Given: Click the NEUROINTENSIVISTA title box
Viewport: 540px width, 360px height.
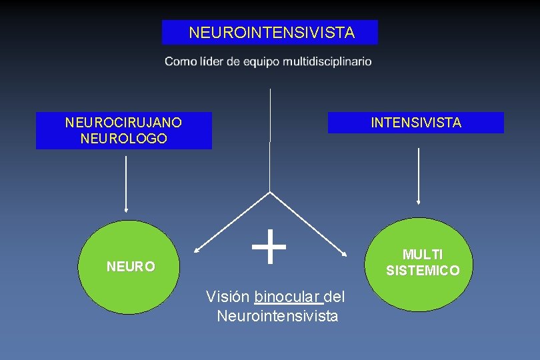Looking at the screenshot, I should click(270, 32).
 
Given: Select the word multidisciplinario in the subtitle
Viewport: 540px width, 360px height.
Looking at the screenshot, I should click(327, 61).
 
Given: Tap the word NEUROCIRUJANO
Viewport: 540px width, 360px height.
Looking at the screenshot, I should click(123, 123).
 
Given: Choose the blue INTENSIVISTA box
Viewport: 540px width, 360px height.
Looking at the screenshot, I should click(415, 123).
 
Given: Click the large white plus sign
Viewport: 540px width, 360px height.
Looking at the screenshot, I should click(269, 246).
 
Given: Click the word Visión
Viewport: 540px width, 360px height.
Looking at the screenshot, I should click(228, 297).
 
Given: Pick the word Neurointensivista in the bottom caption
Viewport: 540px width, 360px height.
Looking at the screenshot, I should click(277, 315).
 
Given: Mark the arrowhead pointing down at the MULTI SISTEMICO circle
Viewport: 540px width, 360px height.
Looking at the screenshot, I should click(418, 201).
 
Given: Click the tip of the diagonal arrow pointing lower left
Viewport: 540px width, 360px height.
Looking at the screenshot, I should click(195, 252).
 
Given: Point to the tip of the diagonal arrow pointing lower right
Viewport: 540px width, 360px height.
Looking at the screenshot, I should click(346, 255).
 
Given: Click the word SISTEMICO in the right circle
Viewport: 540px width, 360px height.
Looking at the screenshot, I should click(423, 271).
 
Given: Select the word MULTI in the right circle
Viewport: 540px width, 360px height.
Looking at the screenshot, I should click(423, 255).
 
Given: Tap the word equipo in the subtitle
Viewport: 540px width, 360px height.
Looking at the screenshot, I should click(261, 61).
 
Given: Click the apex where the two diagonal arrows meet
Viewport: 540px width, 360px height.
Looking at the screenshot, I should click(270, 192).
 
